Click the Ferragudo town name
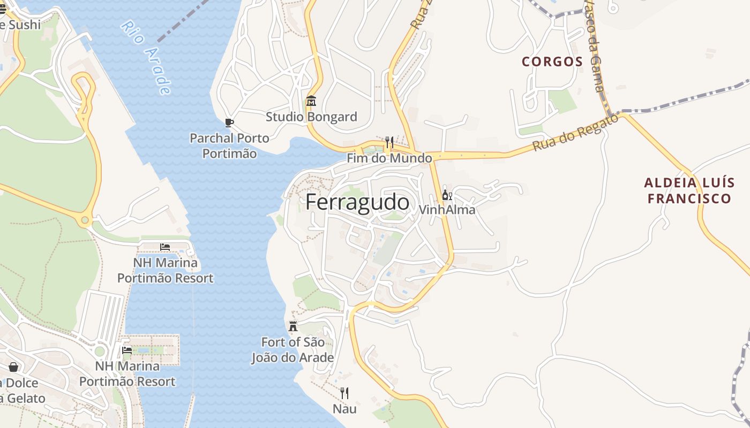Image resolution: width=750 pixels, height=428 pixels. [x=357, y=203]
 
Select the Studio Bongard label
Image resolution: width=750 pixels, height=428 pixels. [x=311, y=117]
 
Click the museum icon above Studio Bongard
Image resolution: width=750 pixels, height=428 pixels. [x=311, y=101]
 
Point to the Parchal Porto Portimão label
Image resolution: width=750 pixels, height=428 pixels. [x=229, y=146]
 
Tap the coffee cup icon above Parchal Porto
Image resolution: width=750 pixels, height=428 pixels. [x=229, y=123]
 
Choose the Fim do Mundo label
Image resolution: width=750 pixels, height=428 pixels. [x=389, y=158]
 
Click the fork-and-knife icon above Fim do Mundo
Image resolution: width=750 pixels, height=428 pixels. [x=389, y=142]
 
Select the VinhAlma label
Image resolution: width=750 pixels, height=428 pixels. [x=447, y=210]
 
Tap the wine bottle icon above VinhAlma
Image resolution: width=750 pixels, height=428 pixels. [x=447, y=195]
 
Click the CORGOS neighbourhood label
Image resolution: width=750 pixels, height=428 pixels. [x=552, y=62]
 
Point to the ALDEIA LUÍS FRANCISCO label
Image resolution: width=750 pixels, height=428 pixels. [x=689, y=191]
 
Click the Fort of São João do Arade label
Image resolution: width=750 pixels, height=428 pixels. [x=292, y=350]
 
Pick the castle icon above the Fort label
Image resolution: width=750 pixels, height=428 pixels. [x=293, y=326]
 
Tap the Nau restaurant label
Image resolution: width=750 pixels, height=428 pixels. [x=344, y=409]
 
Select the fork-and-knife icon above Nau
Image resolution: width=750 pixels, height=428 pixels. [x=344, y=393]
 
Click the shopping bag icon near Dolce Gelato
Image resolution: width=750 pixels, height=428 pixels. [x=13, y=367]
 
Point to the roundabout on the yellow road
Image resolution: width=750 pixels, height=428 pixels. [x=84, y=220]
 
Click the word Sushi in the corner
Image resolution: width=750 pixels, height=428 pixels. [x=24, y=24]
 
